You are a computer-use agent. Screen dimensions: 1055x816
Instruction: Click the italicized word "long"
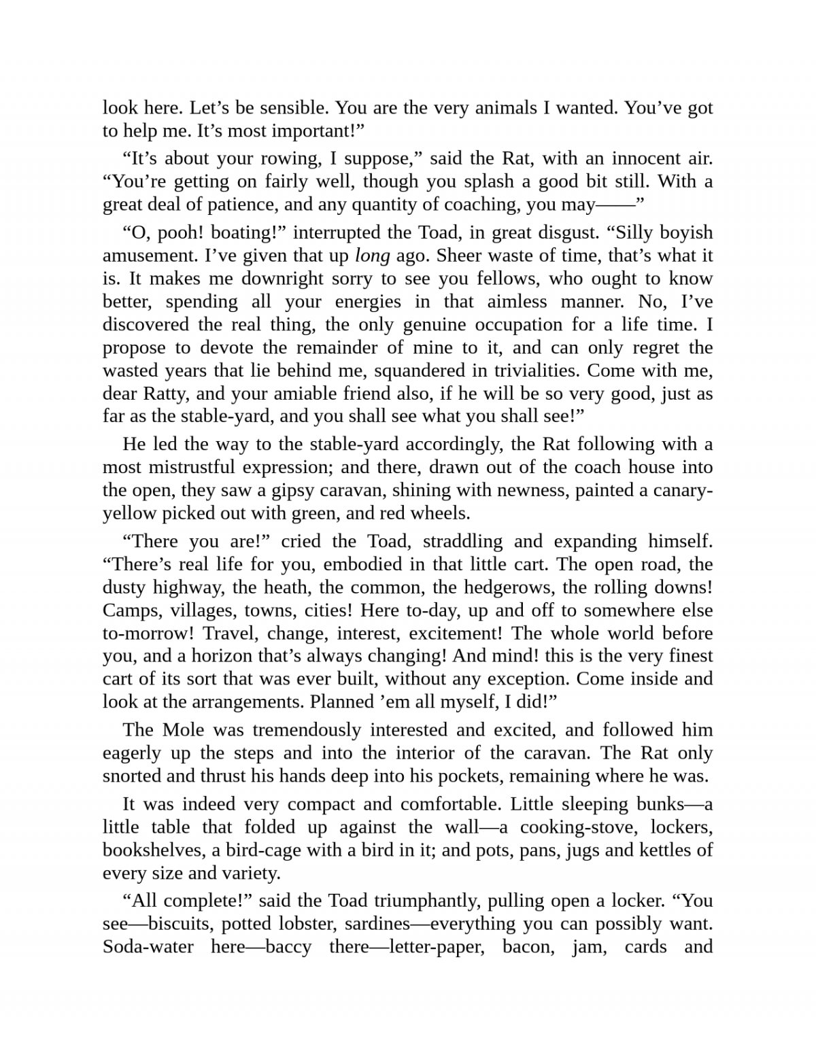point(373,256)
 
